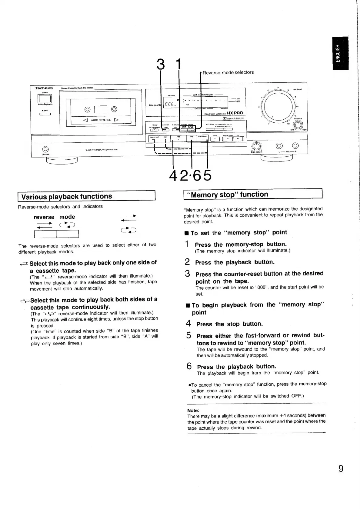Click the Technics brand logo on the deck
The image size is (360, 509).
pos(44,88)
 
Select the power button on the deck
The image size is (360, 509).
pos(45,99)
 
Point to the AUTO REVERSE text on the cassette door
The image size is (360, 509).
pos(101,120)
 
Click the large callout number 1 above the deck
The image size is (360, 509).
pos(179,64)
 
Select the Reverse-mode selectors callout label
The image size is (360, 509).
pos(228,72)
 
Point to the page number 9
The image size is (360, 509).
pos(341,469)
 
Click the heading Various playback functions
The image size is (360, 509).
pos(67,196)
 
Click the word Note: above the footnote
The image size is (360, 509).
pos(193,411)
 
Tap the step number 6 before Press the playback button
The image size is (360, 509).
pos(189,366)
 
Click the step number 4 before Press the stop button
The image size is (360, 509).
pos(188,324)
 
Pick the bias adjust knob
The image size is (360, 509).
pos(257,146)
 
